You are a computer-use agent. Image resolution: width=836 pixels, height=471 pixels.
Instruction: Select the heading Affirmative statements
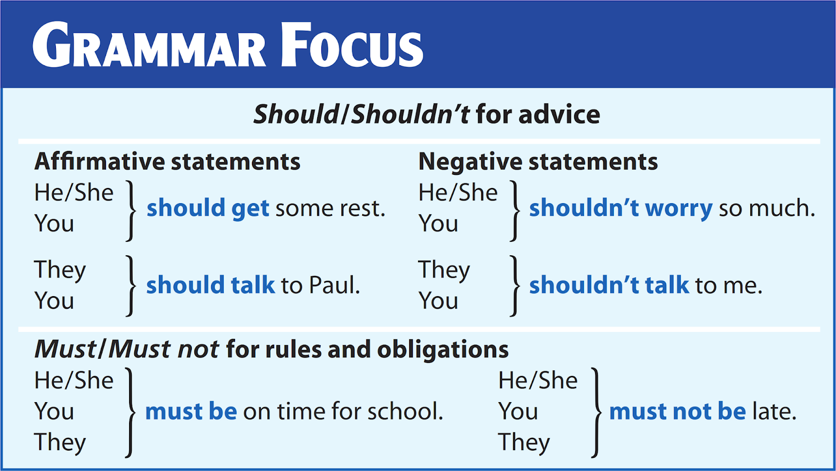[x=167, y=161]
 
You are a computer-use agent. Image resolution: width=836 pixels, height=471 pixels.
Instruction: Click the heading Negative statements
[x=538, y=161]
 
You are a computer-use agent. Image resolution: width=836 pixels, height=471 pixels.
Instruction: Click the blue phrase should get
[x=207, y=208]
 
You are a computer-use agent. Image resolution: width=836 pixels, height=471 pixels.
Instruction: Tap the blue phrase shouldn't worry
[x=620, y=208]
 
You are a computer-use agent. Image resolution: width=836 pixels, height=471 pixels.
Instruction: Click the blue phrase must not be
[x=677, y=411]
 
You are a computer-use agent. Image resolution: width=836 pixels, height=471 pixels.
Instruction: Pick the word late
[x=774, y=411]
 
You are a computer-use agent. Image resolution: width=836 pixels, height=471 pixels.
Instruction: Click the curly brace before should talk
[x=131, y=286]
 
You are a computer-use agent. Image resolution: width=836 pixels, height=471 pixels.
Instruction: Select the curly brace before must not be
[x=596, y=412]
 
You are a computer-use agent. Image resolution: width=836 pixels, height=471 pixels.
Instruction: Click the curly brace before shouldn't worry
[x=515, y=210]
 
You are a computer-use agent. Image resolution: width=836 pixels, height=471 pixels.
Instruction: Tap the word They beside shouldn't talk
[x=444, y=270]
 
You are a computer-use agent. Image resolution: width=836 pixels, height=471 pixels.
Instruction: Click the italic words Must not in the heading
[x=164, y=349]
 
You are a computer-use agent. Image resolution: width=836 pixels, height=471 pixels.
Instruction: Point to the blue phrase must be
[x=191, y=411]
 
